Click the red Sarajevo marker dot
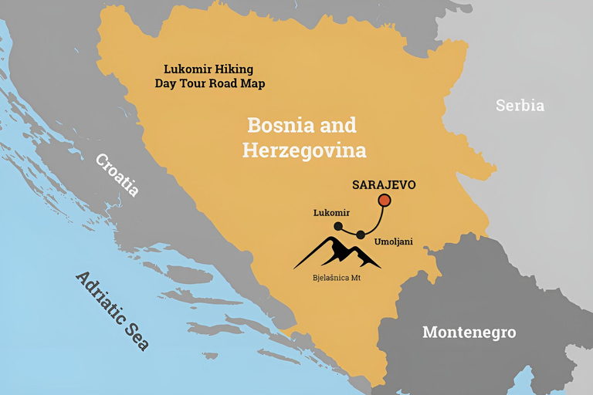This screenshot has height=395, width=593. point(384,201)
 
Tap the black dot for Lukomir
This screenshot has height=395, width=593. point(338,226)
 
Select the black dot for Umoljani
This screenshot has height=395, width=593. point(360,234)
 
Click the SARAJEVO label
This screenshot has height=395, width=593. point(384,185)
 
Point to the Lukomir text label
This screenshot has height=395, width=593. point(331,212)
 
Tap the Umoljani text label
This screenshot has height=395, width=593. point(393,241)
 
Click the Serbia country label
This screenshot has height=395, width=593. point(520,105)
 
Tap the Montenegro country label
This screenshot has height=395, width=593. point(469,333)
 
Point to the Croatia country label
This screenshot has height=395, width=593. point(117,175)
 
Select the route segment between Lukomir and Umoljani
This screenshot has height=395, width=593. point(349,231)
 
